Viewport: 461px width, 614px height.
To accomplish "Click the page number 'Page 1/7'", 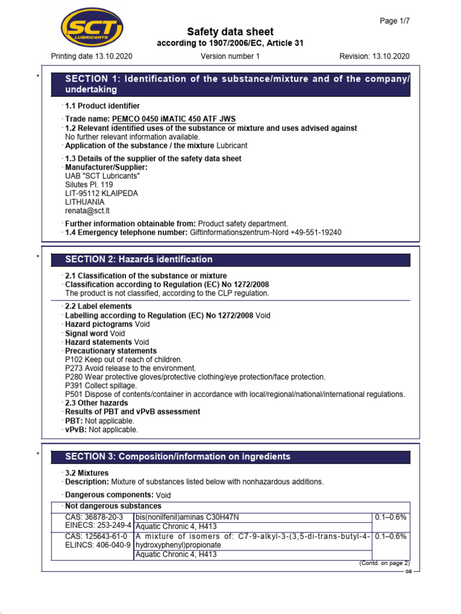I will coord(395,20).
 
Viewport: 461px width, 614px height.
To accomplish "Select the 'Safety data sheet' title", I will coord(230,32).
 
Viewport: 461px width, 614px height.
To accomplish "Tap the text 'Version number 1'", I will coord(230,56).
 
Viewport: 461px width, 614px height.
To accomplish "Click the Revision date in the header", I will coord(375,56).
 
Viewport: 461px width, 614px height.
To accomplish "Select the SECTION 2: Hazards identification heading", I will coord(139,260).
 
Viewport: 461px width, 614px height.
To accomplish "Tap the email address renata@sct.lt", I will coord(87,211).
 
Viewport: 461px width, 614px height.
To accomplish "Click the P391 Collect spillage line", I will coord(101,386).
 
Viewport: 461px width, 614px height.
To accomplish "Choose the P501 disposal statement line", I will coord(235,394).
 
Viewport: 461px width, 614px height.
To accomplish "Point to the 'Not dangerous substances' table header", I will coord(113,506).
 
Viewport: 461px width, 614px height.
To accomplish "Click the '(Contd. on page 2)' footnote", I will coord(384,563).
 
